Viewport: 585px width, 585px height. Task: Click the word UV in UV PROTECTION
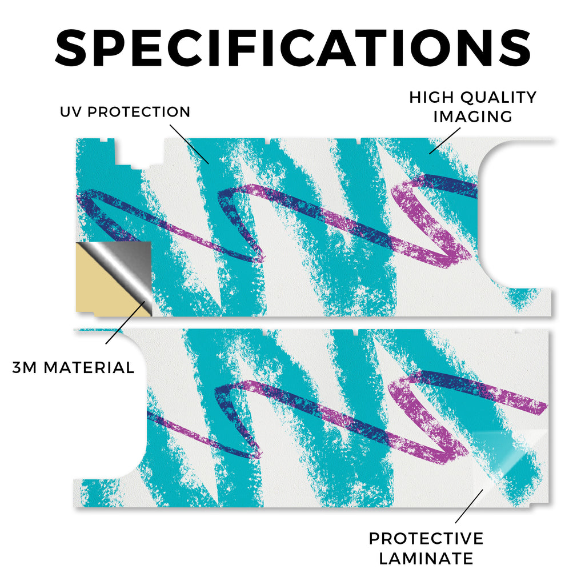pos(71,112)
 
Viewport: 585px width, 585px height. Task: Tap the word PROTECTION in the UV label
pos(139,112)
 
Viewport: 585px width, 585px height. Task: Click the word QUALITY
pos(498,97)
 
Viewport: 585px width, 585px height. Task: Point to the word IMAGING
pos(472,117)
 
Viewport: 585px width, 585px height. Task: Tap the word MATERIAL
pos(89,368)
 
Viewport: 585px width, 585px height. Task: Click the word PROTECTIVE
pos(426,539)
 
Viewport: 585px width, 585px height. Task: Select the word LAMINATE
pos(426,559)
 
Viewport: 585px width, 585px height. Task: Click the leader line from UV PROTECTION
pos(190,144)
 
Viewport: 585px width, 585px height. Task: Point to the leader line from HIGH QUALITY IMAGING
pos(444,141)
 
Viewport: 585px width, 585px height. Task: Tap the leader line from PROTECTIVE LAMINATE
pos(469,506)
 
